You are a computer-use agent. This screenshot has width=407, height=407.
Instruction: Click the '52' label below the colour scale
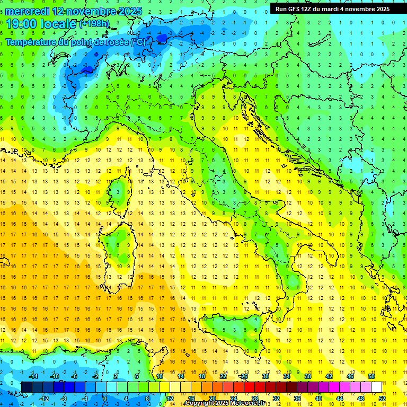pos(382,399)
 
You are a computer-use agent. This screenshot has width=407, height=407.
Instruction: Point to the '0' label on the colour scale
pos(105,399)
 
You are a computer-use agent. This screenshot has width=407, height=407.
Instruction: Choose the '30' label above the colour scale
pos(265,376)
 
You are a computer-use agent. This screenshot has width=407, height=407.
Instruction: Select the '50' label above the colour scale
pos(371,376)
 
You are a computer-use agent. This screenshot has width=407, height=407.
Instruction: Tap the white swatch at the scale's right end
pos(376,387)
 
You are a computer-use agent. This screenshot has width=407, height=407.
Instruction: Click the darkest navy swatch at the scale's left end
pos(26,387)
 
